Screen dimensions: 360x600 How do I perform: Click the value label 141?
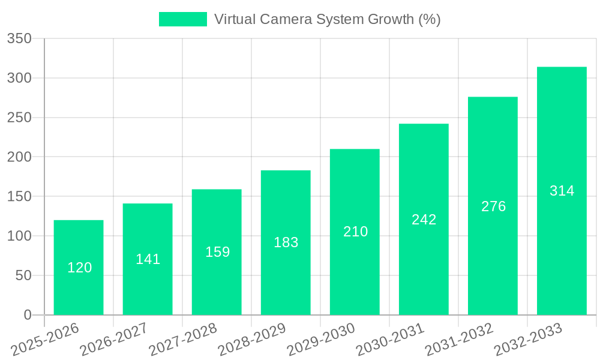click(x=148, y=259)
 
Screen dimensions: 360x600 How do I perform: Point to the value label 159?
click(x=217, y=252)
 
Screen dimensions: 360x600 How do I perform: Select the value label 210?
click(x=355, y=232)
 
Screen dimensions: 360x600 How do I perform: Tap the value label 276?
click(x=493, y=206)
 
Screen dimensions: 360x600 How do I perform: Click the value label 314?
click(x=562, y=191)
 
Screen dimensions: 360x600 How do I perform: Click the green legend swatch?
click(x=182, y=19)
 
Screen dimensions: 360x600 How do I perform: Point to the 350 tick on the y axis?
click(x=19, y=39)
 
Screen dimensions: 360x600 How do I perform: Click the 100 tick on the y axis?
click(x=19, y=236)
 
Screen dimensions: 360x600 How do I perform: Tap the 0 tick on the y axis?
click(x=27, y=315)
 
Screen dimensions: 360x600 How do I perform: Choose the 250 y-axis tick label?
click(x=19, y=118)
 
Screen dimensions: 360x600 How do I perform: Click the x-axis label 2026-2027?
click(x=114, y=340)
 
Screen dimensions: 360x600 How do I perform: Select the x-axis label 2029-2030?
click(x=321, y=340)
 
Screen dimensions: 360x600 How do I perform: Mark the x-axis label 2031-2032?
click(x=459, y=340)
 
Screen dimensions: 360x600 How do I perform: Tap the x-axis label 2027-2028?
click(x=183, y=340)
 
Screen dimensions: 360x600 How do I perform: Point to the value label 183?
click(x=286, y=242)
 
